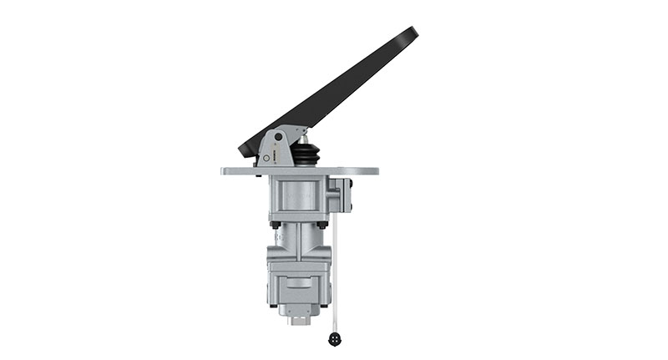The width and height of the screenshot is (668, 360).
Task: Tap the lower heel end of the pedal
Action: pyautogui.click(x=244, y=152)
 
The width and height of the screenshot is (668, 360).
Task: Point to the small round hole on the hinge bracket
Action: pyautogui.click(x=266, y=157)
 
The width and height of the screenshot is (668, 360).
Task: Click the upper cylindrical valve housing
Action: pyautogui.click(x=297, y=199)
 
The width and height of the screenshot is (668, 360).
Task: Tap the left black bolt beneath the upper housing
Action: pyautogui.click(x=275, y=224)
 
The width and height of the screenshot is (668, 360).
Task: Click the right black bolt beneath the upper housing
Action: pyautogui.click(x=322, y=224)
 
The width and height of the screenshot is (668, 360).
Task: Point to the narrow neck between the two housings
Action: pyautogui.click(x=299, y=234)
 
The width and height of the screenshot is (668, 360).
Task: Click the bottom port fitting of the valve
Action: pyautogui.click(x=298, y=318)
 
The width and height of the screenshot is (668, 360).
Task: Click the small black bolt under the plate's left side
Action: pyautogui.click(x=260, y=177)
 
